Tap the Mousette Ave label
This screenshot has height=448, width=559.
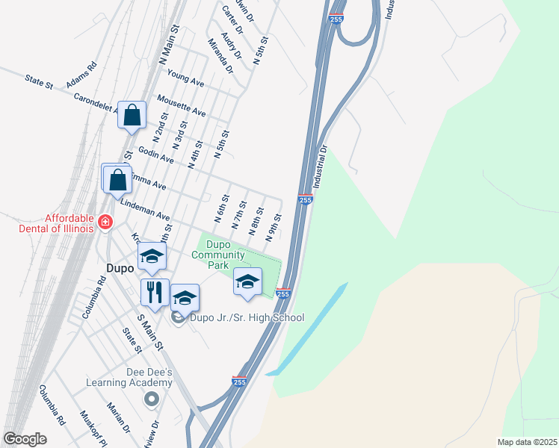pyautogui.click(x=181, y=105)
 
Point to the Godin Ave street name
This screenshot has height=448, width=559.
pyautogui.click(x=156, y=155)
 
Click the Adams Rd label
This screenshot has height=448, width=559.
pyautogui.click(x=81, y=75)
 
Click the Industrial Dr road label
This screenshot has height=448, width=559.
pyautogui.click(x=321, y=166)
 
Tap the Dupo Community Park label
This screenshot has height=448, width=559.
pyautogui.click(x=218, y=255)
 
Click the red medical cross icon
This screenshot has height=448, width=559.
pyautogui.click(x=105, y=223)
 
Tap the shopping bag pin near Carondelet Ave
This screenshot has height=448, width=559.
pyautogui.click(x=132, y=116)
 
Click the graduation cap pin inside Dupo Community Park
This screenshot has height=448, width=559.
pyautogui.click(x=247, y=281)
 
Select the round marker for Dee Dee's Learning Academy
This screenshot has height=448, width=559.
pyautogui.click(x=152, y=399)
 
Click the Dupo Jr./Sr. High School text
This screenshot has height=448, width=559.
pyautogui.click(x=247, y=317)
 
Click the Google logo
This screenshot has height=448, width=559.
pyautogui.click(x=25, y=439)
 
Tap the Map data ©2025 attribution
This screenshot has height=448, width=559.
pyautogui.click(x=527, y=441)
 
